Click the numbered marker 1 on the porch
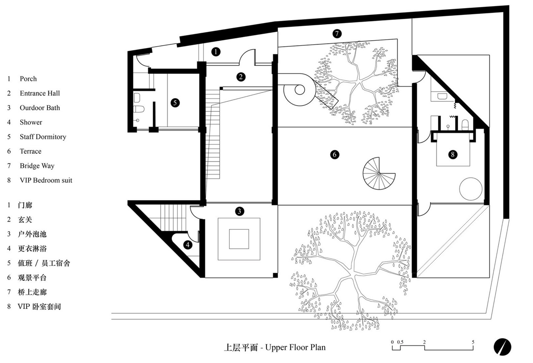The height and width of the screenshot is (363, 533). [x=216, y=52]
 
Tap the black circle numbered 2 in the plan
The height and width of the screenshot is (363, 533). [x=241, y=77]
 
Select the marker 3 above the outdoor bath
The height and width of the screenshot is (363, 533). [x=239, y=211]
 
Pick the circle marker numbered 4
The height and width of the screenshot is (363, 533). [x=188, y=245]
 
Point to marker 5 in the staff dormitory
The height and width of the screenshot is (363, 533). [x=175, y=103]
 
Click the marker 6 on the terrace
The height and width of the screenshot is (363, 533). [x=335, y=154]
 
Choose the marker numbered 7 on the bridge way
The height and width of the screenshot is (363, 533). [x=337, y=34]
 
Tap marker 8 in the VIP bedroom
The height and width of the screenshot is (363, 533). [x=452, y=154]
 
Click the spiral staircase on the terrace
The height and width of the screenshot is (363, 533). [x=379, y=173]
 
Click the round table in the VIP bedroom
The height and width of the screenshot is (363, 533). [x=471, y=189]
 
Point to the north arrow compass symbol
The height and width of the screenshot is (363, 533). [x=502, y=347]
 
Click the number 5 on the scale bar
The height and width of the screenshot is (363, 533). [x=473, y=342]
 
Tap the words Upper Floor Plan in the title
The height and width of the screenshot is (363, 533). [x=295, y=347]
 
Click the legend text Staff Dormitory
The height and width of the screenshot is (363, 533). [x=43, y=137]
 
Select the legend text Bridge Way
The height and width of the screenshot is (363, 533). [x=37, y=166]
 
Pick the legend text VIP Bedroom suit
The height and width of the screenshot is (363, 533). [x=46, y=180]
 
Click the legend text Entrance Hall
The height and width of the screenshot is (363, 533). [x=40, y=93]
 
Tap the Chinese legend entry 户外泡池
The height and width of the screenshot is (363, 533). [x=32, y=234]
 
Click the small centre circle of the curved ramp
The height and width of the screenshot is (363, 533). [x=299, y=90]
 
